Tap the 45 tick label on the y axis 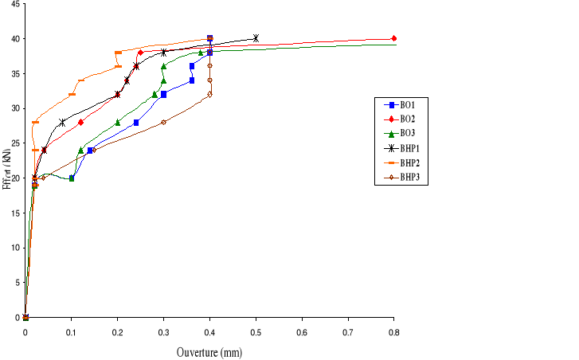click(14, 5)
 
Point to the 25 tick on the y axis click(14, 143)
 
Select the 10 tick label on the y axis click(14, 248)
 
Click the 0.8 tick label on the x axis click(393, 330)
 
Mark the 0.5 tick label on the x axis click(256, 330)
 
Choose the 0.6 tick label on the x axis click(302, 330)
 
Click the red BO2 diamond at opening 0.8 click(394, 38)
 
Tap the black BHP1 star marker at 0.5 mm click(256, 37)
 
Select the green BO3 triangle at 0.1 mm click(72, 178)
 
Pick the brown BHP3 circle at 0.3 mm click(163, 122)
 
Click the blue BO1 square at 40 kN click(209, 37)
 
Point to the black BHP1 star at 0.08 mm click(62, 122)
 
